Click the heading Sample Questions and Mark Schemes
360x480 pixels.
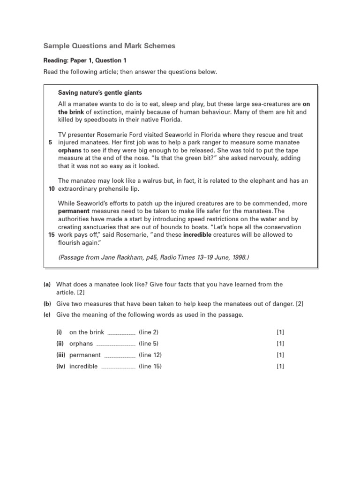tap(109, 46)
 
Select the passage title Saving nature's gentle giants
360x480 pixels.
tap(100, 92)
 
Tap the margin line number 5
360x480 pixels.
tap(50, 142)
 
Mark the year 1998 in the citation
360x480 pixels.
tap(238, 257)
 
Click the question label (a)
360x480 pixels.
tap(47, 285)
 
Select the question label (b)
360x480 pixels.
tap(47, 304)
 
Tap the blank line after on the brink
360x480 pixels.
tap(121, 333)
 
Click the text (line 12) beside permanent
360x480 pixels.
tap(150, 355)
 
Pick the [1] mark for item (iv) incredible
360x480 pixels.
tap(280, 366)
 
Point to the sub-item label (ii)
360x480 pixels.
tap(60, 344)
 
